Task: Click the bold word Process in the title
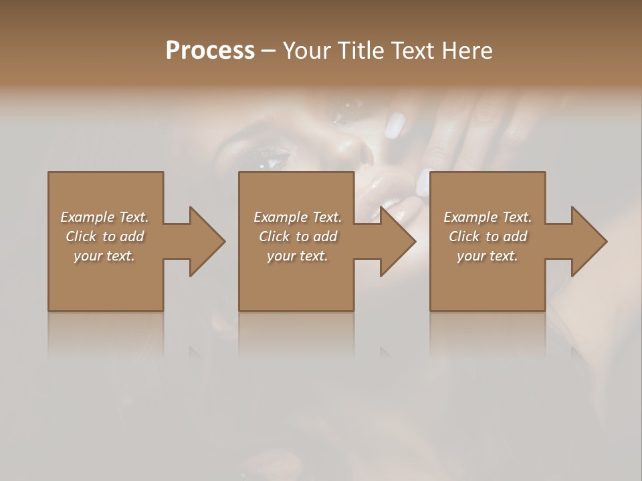210,51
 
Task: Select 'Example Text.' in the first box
104,217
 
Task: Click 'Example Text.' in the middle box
298,217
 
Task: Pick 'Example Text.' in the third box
488,217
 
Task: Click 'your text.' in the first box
104,256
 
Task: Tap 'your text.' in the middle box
298,256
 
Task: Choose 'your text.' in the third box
488,256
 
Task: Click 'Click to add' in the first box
105,236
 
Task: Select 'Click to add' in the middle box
298,236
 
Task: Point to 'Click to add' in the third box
488,236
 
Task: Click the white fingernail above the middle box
396,125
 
